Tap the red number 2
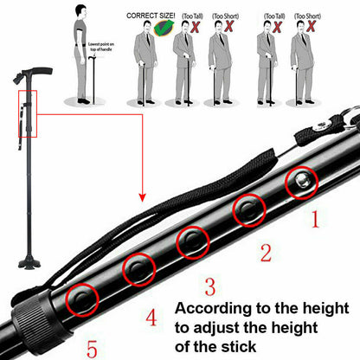266,253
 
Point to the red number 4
151,318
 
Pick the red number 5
92,350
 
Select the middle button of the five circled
192,243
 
